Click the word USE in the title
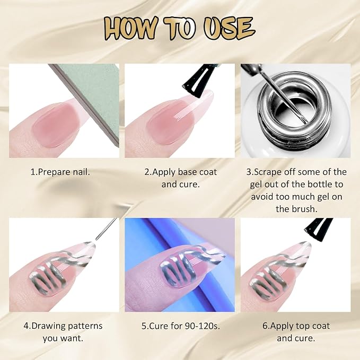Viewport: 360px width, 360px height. [229, 28]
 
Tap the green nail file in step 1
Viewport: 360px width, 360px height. [92, 96]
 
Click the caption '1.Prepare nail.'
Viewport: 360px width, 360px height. [60, 172]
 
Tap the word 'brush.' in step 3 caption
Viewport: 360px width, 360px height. [304, 209]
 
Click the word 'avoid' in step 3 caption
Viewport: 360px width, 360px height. [262, 197]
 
